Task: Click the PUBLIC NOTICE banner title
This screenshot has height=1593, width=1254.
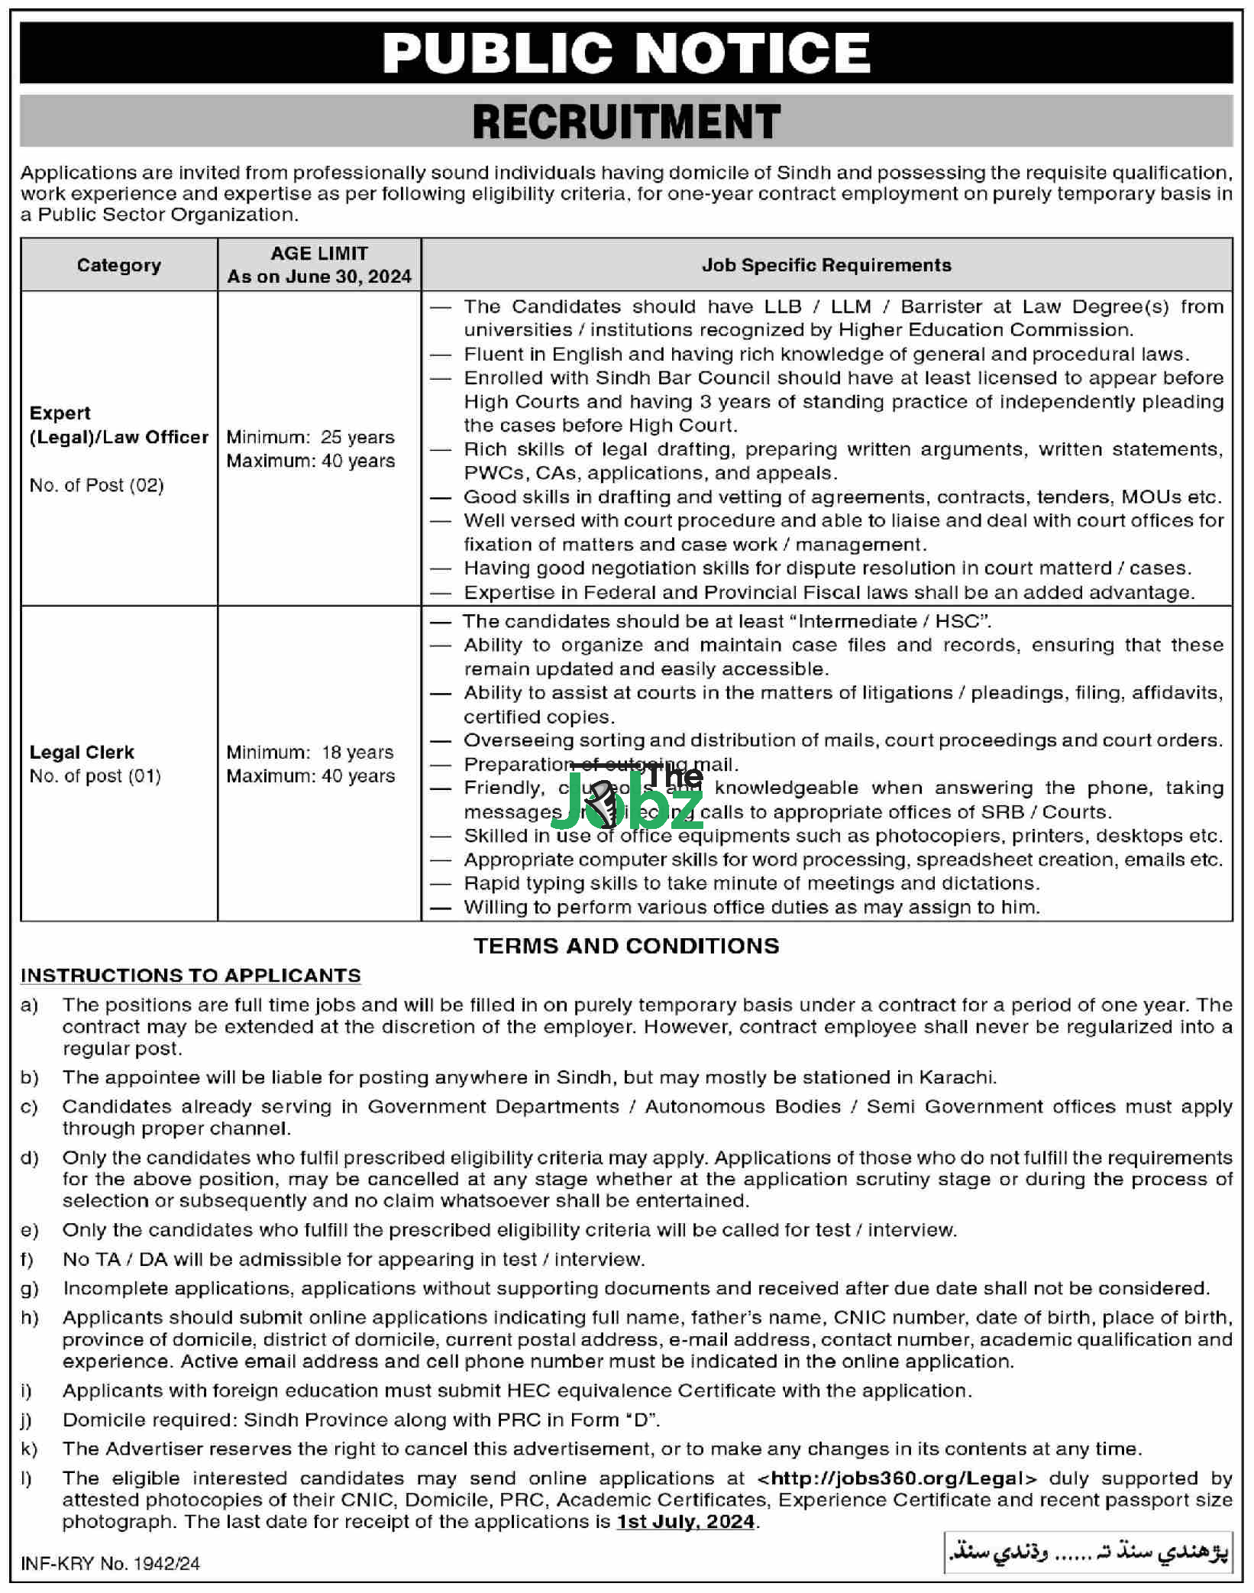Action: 626,53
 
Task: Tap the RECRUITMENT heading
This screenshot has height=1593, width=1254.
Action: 626,121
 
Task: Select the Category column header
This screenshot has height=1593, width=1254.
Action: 119,265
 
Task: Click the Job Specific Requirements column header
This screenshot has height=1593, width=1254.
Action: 826,265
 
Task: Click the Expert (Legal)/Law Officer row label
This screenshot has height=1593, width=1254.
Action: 118,425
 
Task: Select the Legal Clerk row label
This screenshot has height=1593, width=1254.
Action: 82,752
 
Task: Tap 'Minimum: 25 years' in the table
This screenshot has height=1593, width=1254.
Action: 310,437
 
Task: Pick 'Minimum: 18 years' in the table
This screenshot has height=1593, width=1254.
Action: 310,752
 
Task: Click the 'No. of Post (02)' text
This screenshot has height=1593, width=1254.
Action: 97,485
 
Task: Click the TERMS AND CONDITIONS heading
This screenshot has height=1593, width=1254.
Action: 626,946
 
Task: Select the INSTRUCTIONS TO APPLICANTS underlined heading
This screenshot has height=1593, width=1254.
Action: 190,976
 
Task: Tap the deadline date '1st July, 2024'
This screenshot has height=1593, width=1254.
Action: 686,1521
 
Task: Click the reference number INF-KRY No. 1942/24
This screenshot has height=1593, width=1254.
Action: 110,1563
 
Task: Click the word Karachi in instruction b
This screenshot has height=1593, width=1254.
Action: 957,1077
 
